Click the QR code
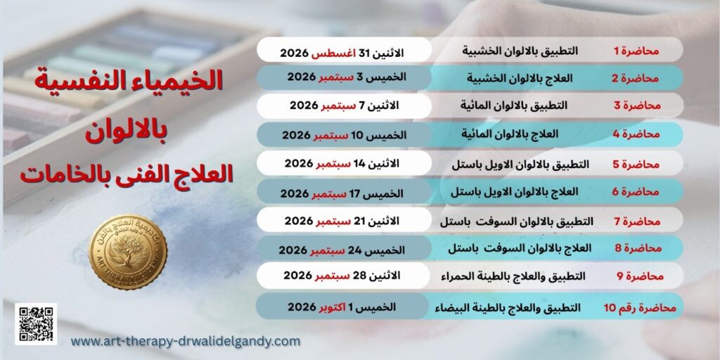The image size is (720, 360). click(x=36, y=323)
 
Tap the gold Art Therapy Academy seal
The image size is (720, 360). click(x=128, y=252)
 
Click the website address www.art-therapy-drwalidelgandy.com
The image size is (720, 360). click(x=186, y=342)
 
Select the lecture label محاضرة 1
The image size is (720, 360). click(x=636, y=51)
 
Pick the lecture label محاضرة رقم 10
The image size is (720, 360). click(x=640, y=308)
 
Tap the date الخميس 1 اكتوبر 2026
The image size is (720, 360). click(x=342, y=307)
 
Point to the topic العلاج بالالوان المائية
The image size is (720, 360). click(x=510, y=134)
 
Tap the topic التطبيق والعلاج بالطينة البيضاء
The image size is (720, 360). click(x=508, y=308)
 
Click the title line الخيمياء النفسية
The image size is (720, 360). click(x=129, y=80)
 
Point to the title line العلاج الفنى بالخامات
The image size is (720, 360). click(x=127, y=175)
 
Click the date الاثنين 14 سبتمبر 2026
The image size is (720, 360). click(x=342, y=163)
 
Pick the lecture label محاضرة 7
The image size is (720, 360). click(x=637, y=221)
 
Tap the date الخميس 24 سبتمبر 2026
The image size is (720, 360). click(x=342, y=250)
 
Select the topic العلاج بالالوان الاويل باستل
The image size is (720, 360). click(x=514, y=191)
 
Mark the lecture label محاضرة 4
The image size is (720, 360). click(x=636, y=134)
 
